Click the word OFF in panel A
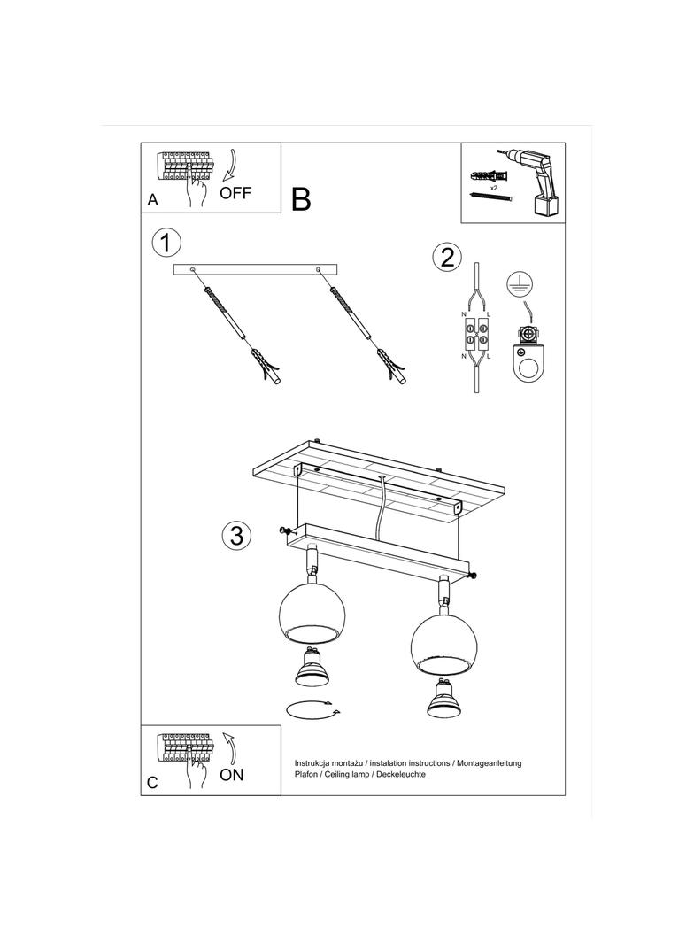pyautogui.click(x=235, y=194)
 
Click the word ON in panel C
pyautogui.click(x=232, y=775)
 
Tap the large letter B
pyautogui.click(x=301, y=199)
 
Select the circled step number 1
pyautogui.click(x=166, y=243)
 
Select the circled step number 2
pyautogui.click(x=447, y=258)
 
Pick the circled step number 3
pyautogui.click(x=236, y=534)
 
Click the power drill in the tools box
pyautogui.click(x=533, y=181)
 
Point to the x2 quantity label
pyautogui.click(x=493, y=189)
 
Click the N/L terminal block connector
pyautogui.click(x=476, y=334)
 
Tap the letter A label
pyautogui.click(x=153, y=200)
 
